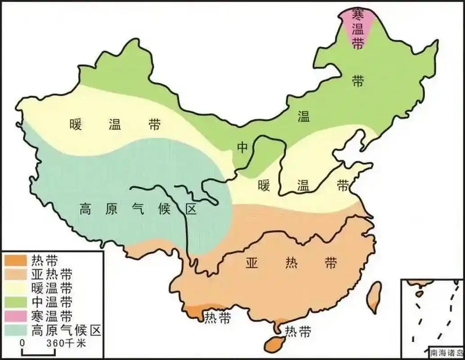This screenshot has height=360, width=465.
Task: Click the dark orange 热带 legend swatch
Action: pos(16,260)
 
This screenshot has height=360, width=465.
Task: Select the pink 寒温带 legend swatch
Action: pos(16,315)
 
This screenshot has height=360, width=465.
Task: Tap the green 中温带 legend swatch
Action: pos(16,301)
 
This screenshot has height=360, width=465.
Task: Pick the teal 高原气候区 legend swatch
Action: pos(16,330)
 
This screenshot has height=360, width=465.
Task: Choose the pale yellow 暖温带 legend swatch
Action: pos(16,288)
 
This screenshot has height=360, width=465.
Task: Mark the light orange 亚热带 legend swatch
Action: pos(16,274)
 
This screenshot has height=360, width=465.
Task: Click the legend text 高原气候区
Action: pos(67,330)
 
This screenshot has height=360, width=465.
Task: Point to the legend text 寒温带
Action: pos(52,316)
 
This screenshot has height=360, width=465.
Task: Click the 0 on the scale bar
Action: pos(21,343)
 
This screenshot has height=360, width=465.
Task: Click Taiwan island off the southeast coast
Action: pos(373,297)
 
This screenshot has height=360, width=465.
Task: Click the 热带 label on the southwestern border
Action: pos(218,318)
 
